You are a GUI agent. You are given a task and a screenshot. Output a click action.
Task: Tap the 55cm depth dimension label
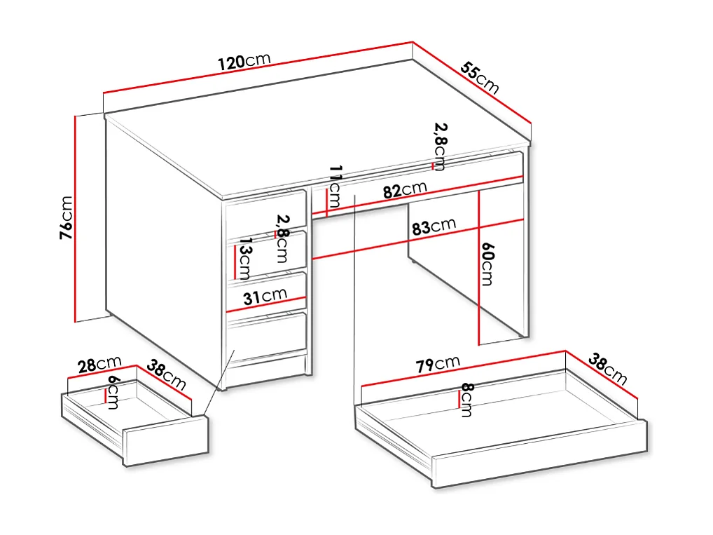480,78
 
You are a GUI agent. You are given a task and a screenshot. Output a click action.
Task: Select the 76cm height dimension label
65,218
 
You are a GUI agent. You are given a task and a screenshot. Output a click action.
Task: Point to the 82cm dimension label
404,190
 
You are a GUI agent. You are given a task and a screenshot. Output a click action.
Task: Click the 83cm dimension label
434,227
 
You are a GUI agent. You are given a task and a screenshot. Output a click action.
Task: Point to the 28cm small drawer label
99,365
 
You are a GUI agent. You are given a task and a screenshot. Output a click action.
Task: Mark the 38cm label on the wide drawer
607,370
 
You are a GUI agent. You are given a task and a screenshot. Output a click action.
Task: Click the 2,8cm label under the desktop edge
441,146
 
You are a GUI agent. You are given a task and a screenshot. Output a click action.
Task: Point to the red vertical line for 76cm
75,218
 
